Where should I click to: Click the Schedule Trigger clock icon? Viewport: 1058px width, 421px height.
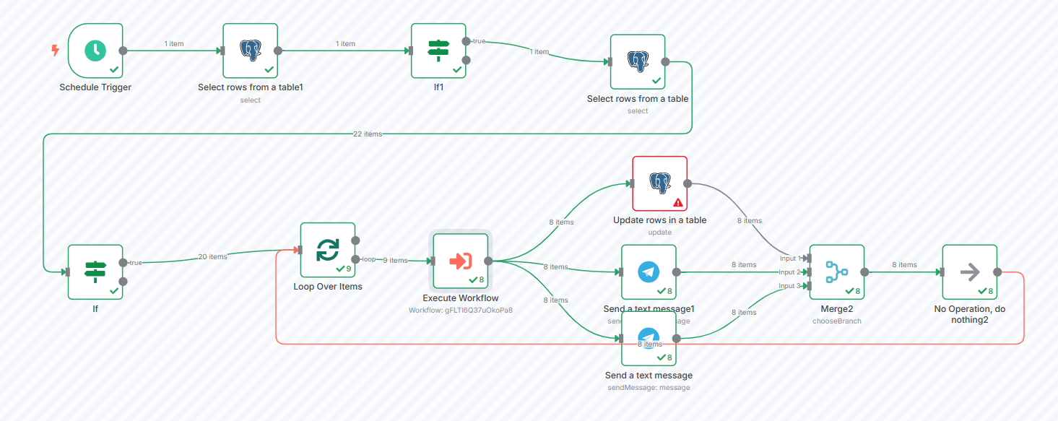(x=95, y=50)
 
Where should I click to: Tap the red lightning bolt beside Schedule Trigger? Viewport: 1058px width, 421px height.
(x=55, y=51)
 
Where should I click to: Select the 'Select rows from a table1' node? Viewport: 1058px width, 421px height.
(x=250, y=50)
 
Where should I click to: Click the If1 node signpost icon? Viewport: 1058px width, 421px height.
(x=438, y=49)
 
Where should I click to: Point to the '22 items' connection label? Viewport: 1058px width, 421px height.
(x=368, y=134)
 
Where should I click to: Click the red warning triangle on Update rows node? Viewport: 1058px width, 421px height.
(x=678, y=203)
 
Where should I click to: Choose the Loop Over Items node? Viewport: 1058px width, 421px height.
(x=327, y=250)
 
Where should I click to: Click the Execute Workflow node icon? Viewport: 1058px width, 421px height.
(x=460, y=261)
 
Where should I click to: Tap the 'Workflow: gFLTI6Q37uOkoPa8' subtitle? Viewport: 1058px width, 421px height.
(x=460, y=310)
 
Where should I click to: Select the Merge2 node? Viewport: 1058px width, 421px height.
(x=836, y=272)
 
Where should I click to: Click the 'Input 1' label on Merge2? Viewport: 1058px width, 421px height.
(x=788, y=258)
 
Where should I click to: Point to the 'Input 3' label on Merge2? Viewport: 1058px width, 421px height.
(x=788, y=286)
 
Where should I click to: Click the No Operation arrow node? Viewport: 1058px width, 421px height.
(x=969, y=272)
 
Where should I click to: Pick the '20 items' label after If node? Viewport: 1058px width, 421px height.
(x=212, y=256)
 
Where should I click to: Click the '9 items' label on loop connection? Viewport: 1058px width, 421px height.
(x=394, y=260)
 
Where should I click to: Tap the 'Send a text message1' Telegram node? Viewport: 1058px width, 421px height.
(x=649, y=272)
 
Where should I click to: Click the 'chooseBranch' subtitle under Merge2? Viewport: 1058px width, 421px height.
(x=836, y=321)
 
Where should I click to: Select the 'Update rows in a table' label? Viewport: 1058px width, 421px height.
(x=659, y=220)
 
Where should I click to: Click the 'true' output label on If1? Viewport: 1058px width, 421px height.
(x=479, y=41)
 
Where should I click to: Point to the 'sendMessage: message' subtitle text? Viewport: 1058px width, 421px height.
(x=649, y=388)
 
